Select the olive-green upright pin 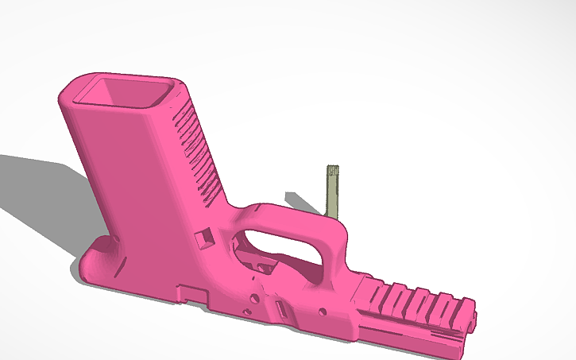334,191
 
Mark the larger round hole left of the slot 253,299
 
